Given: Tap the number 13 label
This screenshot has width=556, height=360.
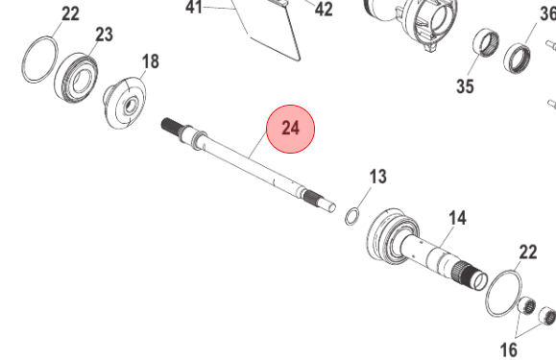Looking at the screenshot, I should pos(377,177).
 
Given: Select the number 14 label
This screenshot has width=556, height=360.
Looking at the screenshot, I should pos(457,218).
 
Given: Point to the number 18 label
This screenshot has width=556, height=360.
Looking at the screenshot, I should pos(151,62).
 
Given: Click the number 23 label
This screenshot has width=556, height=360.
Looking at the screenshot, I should pos(104,35).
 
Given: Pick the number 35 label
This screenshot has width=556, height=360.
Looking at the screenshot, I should pos(466,86).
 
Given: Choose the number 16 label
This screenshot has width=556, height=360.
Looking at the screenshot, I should pos(509,347).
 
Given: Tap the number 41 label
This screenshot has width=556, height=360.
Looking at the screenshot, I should pos(194,8).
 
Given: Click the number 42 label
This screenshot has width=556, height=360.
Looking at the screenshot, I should pos(324,10).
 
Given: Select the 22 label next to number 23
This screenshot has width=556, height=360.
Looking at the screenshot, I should pos(70,13).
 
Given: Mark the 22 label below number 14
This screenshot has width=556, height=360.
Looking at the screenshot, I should pos(527,252).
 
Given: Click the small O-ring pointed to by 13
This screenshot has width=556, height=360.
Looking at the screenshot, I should pos(352,214).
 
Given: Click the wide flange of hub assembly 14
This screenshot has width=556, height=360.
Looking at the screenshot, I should pos(387,239).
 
